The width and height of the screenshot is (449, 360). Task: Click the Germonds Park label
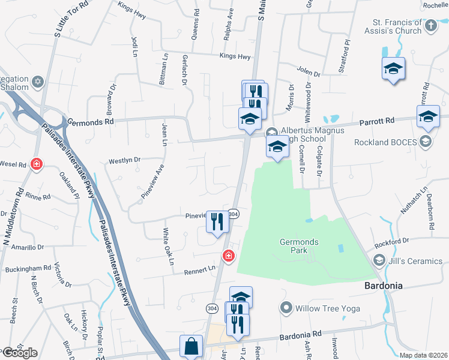pos(299,246)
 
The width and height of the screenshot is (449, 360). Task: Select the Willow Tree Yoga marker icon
pos(286,308)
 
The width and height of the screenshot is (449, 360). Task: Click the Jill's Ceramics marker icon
pos(379,261)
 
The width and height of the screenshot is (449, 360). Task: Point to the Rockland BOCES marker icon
pos(426,142)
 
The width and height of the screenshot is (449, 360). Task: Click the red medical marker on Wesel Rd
pos(37,163)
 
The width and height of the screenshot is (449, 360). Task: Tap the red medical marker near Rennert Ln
pos(228,256)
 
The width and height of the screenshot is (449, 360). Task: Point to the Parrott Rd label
pos(377,121)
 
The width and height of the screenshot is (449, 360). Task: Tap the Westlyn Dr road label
pos(124,161)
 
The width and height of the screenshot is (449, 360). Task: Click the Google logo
pos(19,353)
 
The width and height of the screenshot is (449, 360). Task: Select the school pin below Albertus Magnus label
pos(277,147)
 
